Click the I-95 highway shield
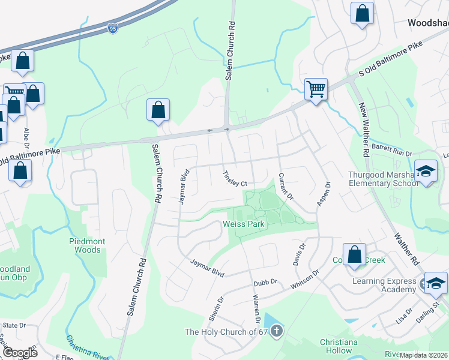(113, 28)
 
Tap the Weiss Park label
(244, 224)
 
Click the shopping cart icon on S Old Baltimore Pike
(316, 90)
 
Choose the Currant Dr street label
(285, 187)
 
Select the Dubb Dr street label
(265, 281)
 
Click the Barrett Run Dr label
(392, 149)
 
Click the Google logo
(19, 353)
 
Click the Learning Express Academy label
(384, 285)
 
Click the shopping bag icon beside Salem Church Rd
(158, 110)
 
